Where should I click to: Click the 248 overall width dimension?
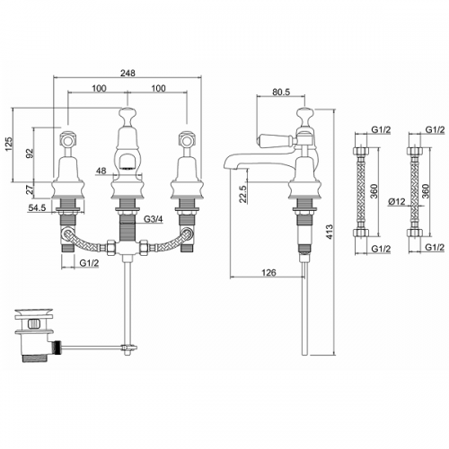pos(128,73)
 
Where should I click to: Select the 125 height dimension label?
pos(9,144)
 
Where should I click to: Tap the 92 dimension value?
pos(30,153)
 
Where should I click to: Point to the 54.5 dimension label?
pos(37,207)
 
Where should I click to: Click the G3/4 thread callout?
pos(154,219)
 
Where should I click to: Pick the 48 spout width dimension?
pos(101,171)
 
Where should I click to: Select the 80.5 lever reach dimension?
pos(281,92)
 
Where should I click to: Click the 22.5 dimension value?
pos(242,194)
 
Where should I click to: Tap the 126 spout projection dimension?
pos(269,273)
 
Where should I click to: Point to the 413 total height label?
pos(330,232)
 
